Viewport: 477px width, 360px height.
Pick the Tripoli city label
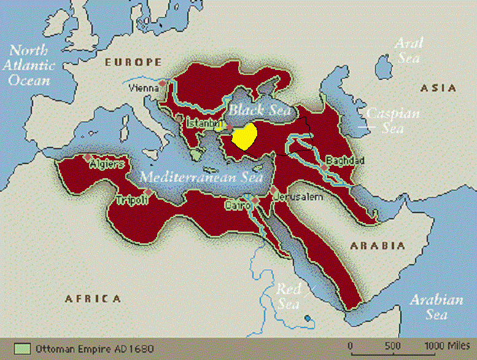(x=131, y=201)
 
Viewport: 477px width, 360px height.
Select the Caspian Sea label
(x=384, y=120)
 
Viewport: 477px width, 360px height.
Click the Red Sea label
(x=288, y=295)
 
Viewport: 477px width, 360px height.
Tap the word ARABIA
(x=377, y=246)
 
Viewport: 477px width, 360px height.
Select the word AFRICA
(x=93, y=299)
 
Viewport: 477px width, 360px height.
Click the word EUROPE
(x=133, y=62)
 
